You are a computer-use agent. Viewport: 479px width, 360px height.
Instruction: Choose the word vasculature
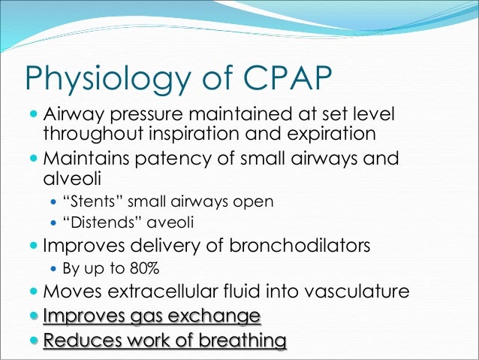[351, 291]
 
